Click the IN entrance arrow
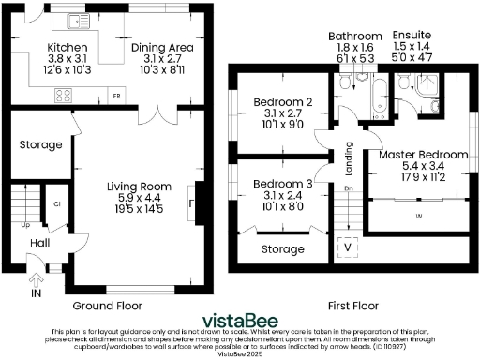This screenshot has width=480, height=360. click(x=37, y=278)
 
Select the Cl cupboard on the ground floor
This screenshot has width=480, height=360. click(x=56, y=203)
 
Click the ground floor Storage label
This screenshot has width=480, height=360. click(x=41, y=145)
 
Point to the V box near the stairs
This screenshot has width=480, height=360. click(x=349, y=247)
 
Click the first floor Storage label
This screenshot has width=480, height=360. click(x=283, y=249)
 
